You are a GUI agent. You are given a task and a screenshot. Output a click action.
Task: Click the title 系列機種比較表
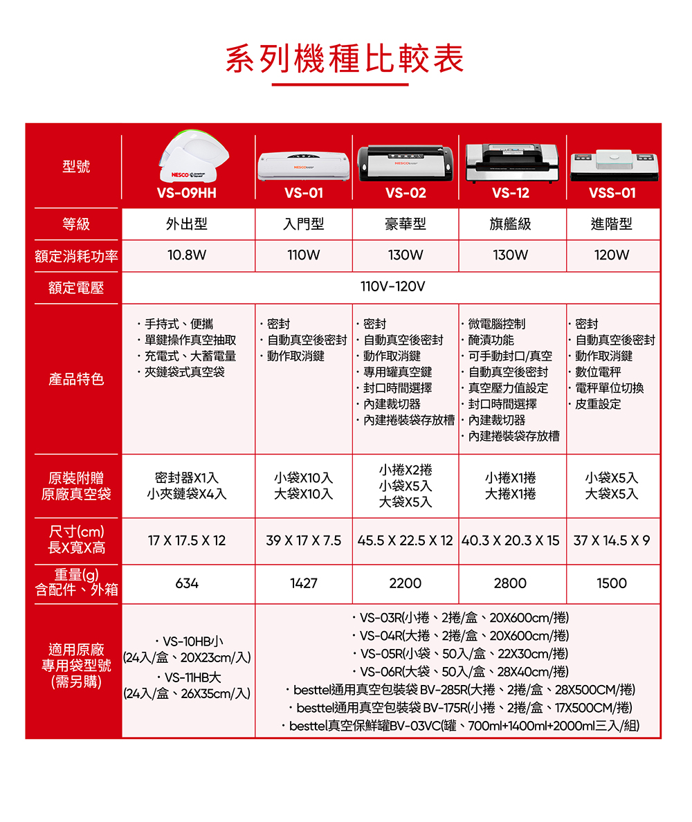(345, 60)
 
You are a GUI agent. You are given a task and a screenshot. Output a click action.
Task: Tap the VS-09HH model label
(187, 193)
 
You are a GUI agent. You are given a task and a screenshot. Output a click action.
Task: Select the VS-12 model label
(511, 193)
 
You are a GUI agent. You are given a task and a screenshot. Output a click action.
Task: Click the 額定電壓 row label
(75, 288)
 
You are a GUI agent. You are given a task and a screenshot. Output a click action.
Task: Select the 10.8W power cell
(187, 255)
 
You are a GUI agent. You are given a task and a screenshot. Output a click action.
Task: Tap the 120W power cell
(612, 255)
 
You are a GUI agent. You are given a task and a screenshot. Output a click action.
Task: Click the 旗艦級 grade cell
(511, 224)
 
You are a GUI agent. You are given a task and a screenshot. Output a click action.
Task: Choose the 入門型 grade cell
(304, 224)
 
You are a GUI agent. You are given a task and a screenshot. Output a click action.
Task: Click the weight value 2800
(511, 583)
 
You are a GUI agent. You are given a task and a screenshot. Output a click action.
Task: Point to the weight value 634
(187, 583)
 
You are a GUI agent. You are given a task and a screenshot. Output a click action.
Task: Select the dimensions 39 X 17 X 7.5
(304, 540)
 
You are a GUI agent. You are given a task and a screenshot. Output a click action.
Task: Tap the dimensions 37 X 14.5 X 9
(612, 540)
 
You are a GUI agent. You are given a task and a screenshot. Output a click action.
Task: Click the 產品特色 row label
(76, 379)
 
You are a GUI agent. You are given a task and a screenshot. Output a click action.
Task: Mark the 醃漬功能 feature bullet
(491, 340)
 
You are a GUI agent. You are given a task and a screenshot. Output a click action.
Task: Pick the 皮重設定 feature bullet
(597, 404)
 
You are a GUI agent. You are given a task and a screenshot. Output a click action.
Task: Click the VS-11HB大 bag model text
(188, 677)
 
